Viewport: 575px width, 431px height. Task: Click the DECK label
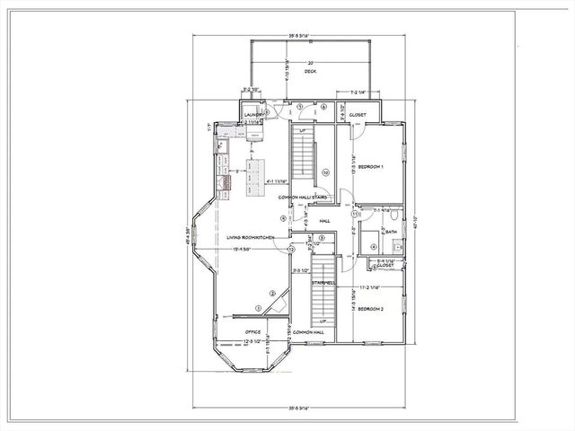pyautogui.click(x=310, y=71)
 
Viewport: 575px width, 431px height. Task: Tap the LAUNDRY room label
pyautogui.click(x=252, y=115)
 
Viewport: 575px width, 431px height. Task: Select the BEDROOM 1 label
pyautogui.click(x=371, y=167)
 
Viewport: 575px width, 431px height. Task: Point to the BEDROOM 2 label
pyautogui.click(x=370, y=308)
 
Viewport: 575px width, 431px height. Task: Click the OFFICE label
pyautogui.click(x=252, y=331)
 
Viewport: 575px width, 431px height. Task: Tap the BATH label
pyautogui.click(x=391, y=232)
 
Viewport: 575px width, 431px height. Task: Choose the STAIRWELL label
pyautogui.click(x=323, y=282)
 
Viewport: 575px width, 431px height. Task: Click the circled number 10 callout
pyautogui.click(x=326, y=172)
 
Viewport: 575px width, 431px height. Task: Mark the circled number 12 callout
pyautogui.click(x=291, y=249)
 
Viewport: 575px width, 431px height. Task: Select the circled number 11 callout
pyautogui.click(x=356, y=214)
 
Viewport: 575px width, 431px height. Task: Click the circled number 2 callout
pyautogui.click(x=272, y=294)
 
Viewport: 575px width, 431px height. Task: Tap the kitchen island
pyautogui.click(x=258, y=171)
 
